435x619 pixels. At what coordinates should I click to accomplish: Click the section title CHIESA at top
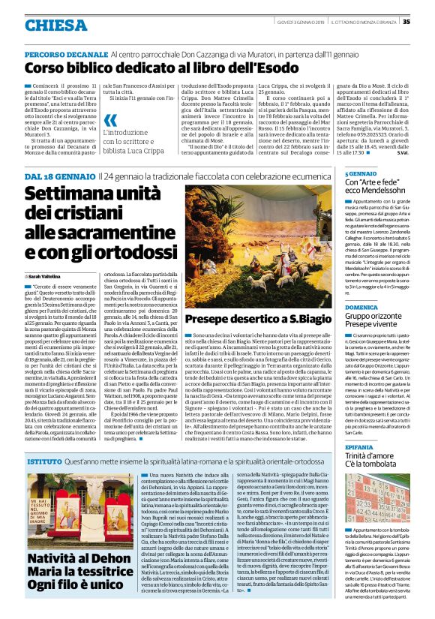55,26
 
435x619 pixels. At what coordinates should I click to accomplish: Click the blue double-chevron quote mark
111,120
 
